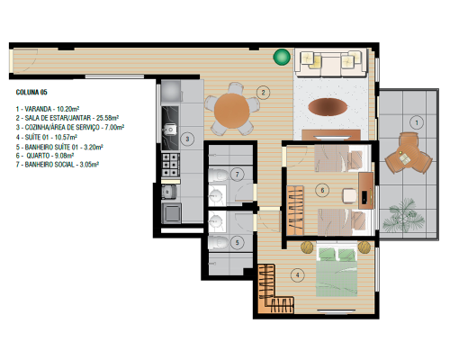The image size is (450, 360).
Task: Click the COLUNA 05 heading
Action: (x=31, y=92)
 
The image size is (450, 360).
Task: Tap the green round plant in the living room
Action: (x=282, y=57)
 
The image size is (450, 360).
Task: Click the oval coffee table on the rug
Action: (x=328, y=106)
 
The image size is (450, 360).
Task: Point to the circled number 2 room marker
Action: (x=263, y=93)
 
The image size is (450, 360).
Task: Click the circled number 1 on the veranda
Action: (x=417, y=122)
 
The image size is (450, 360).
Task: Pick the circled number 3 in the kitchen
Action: (x=187, y=139)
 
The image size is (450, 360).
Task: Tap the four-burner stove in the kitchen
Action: (x=170, y=165)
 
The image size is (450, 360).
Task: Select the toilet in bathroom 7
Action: (x=218, y=175)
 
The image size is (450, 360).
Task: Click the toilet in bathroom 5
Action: (x=218, y=242)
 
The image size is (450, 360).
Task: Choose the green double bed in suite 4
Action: (x=337, y=272)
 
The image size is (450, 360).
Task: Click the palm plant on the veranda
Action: (x=403, y=215)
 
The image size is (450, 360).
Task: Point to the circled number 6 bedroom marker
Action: (x=322, y=190)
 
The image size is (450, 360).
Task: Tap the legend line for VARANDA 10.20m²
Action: (x=48, y=109)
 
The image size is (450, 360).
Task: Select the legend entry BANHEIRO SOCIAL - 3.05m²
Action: (x=58, y=165)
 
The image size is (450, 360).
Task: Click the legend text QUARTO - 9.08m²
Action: (x=45, y=156)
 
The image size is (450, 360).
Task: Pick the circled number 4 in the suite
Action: (x=297, y=274)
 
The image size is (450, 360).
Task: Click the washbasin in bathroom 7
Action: (x=216, y=195)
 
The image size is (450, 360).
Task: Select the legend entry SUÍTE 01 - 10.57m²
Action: (x=47, y=138)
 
